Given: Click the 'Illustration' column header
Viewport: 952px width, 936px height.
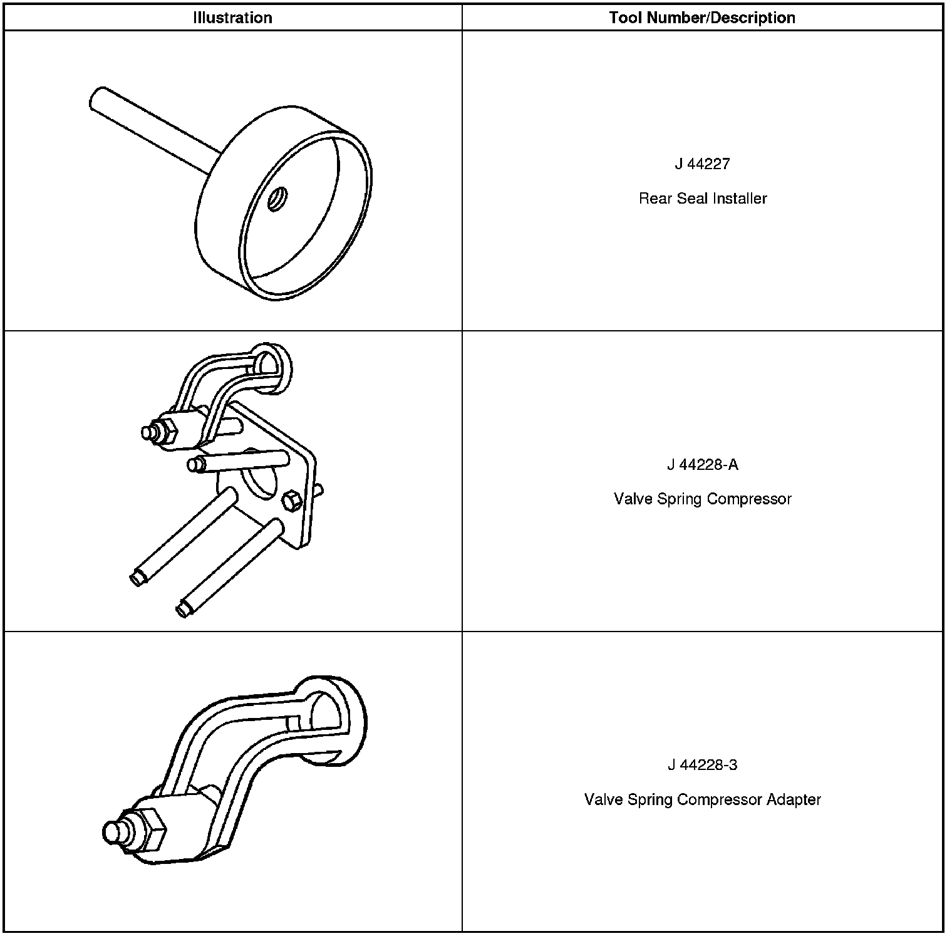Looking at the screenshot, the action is (232, 18).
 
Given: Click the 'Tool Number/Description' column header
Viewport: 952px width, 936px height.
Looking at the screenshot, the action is (702, 18).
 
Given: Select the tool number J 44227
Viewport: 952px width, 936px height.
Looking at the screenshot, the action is (702, 164).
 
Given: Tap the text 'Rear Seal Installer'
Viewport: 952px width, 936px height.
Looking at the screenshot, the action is (703, 199).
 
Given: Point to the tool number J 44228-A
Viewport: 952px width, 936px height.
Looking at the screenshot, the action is (702, 465).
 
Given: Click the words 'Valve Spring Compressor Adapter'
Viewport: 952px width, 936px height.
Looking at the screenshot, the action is (702, 800).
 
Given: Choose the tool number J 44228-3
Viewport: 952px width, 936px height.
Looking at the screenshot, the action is (702, 766).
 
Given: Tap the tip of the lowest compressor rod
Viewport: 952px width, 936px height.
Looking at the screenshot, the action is (184, 608).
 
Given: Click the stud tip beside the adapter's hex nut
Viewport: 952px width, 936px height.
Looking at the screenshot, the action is (113, 832).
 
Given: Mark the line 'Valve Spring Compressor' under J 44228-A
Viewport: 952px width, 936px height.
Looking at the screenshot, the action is (702, 499).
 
